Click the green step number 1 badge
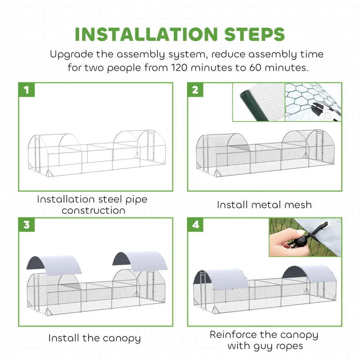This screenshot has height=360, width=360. click(x=27, y=90)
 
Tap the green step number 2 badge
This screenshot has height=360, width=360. click(x=195, y=90)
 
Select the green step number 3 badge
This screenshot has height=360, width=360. click(x=27, y=225)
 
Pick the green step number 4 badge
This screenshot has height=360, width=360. click(x=195, y=225)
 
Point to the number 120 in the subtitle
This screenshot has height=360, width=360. click(x=181, y=68)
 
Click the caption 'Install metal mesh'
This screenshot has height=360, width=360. click(x=264, y=205)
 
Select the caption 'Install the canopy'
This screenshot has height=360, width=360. click(x=94, y=338)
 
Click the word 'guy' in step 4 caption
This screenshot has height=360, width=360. click(x=255, y=346)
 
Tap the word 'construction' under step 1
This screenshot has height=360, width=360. click(x=93, y=210)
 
